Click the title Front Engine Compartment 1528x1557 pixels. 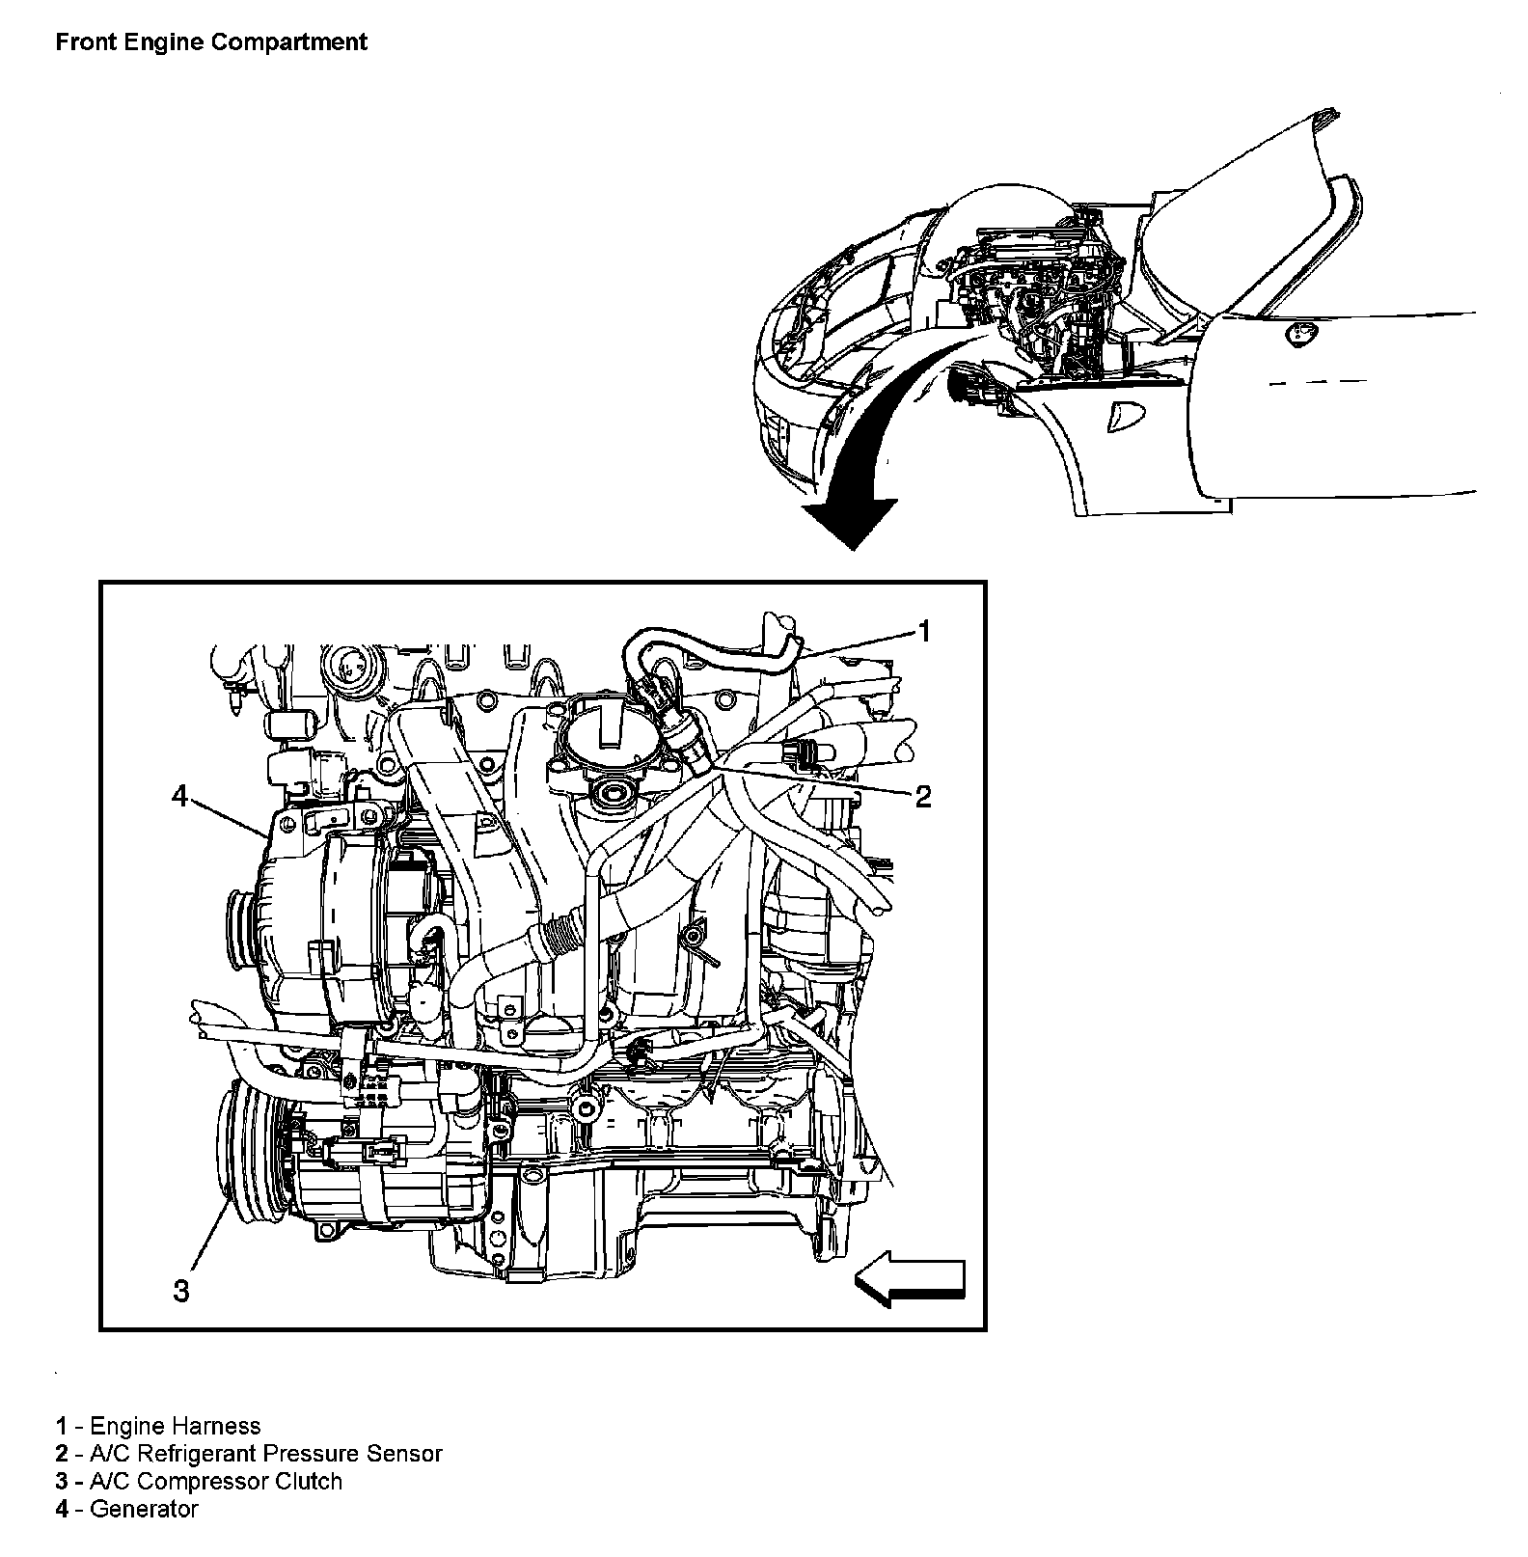point(211,42)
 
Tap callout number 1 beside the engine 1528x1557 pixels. point(923,632)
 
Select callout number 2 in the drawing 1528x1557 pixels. point(922,797)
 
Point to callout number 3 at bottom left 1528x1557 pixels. point(181,1291)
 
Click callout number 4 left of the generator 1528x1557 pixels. point(180,796)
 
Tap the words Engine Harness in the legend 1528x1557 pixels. point(175,1426)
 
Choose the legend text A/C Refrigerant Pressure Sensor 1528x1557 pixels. point(265,1454)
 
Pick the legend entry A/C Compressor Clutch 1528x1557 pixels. point(215,1482)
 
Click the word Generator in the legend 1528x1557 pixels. point(143,1510)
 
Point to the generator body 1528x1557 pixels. point(318,926)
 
